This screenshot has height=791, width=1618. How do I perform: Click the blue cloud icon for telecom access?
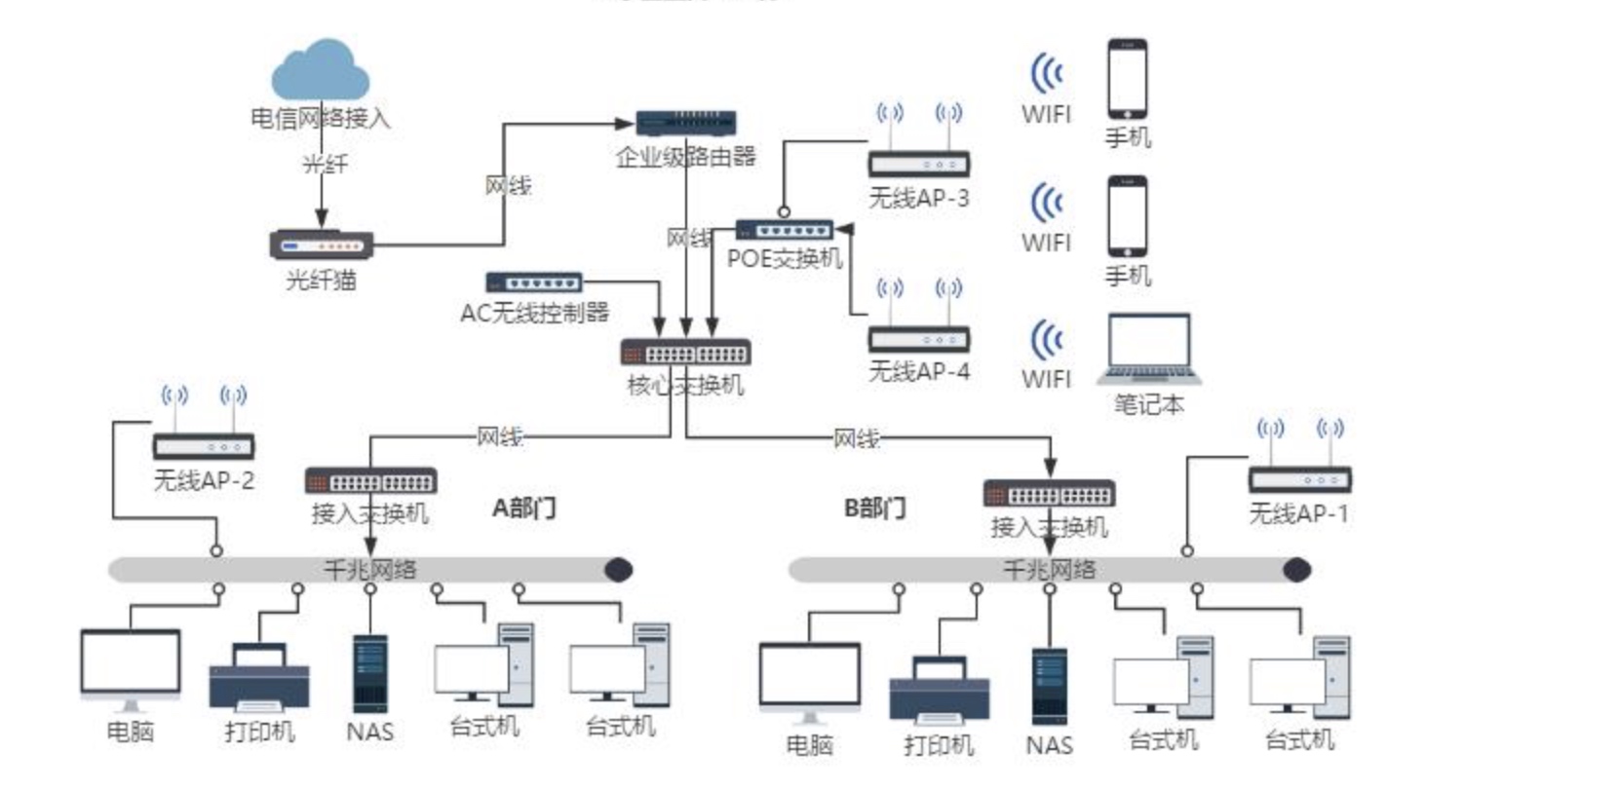[320, 70]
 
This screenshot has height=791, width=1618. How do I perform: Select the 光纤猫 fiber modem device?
[321, 244]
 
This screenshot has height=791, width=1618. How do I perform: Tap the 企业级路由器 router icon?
[685, 123]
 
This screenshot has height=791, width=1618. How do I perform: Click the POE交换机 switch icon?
[784, 231]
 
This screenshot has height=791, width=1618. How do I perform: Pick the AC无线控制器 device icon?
[534, 282]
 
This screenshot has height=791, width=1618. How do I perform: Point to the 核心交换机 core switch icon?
[685, 353]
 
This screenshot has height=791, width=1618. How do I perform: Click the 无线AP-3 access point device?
[918, 163]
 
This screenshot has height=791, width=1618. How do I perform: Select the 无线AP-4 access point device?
[918, 338]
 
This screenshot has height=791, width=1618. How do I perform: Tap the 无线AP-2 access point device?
[204, 446]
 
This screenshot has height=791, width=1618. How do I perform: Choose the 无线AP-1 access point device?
[1299, 478]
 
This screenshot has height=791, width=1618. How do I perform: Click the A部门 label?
[524, 508]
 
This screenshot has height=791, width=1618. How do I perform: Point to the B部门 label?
[874, 508]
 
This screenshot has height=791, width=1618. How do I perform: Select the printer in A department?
[259, 678]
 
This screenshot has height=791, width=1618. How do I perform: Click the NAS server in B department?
[1050, 687]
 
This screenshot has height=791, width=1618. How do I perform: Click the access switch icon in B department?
[1049, 494]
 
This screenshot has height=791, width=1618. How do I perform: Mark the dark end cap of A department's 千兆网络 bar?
[618, 570]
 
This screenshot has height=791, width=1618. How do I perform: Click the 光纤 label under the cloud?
[324, 164]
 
